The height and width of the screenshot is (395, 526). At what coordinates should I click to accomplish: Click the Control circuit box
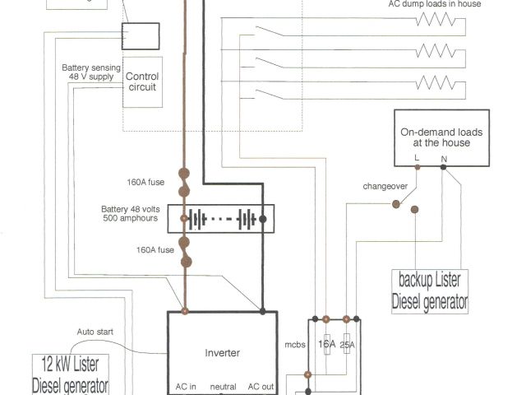(x=142, y=81)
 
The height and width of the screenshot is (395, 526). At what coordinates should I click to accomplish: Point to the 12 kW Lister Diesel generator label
(x=70, y=374)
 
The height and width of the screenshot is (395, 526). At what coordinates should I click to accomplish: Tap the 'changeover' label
(x=385, y=186)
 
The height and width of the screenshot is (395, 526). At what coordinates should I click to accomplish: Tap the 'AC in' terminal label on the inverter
(x=185, y=386)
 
